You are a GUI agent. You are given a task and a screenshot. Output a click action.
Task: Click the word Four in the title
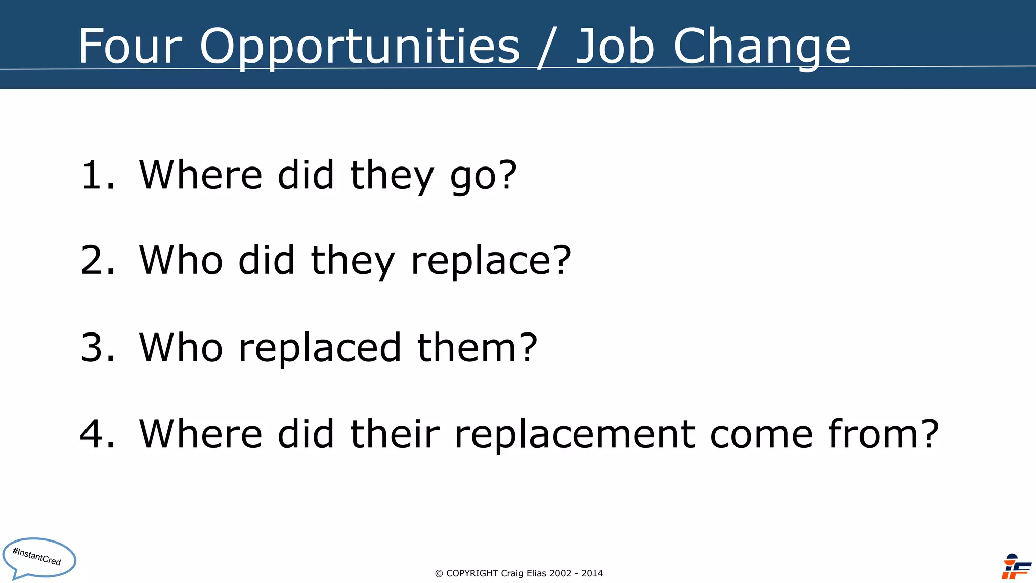(x=129, y=46)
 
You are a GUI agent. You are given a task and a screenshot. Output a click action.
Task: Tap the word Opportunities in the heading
(x=360, y=47)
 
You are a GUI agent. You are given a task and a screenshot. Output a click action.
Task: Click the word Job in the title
(x=615, y=46)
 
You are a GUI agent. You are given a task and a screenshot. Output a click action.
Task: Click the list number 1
(x=94, y=175)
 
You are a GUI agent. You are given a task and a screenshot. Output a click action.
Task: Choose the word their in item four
(x=395, y=434)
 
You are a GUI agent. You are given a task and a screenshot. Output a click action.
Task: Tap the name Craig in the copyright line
(x=512, y=573)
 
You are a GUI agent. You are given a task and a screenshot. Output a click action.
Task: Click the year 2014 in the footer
(x=592, y=573)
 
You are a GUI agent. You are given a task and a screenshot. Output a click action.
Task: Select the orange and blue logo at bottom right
(x=1016, y=567)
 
